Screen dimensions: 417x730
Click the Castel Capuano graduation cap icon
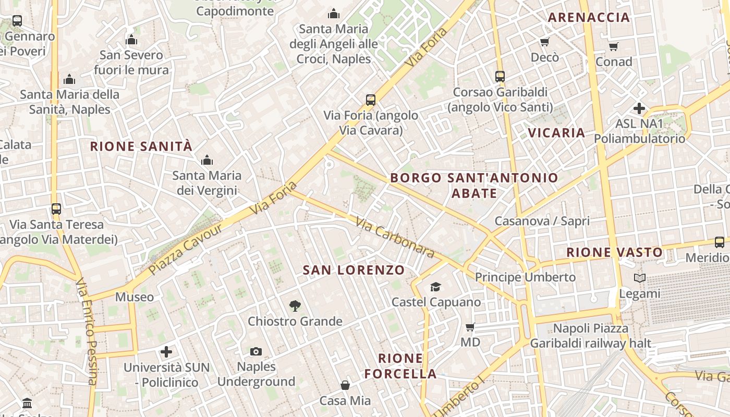(x=435, y=287)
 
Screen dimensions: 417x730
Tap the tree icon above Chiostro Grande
(x=295, y=306)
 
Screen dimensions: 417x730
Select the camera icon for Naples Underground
(x=256, y=352)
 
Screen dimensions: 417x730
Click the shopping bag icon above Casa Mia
(x=345, y=385)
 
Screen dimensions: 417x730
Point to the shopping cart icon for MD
(x=470, y=327)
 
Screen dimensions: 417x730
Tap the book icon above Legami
(x=639, y=278)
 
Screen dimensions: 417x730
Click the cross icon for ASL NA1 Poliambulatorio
(x=639, y=108)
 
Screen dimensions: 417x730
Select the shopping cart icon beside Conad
(x=614, y=47)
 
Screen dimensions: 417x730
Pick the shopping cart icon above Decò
(x=545, y=42)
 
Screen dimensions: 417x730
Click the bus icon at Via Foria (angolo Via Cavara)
(x=371, y=100)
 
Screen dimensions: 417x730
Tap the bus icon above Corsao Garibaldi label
(x=500, y=77)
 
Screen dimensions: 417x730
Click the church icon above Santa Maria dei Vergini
(x=207, y=160)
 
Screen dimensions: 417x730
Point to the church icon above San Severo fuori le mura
(x=131, y=40)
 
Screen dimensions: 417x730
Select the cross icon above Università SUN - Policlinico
(x=166, y=352)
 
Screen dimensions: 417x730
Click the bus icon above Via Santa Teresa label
(x=56, y=209)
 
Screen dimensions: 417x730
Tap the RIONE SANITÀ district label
(x=141, y=146)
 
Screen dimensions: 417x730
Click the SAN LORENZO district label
(x=354, y=270)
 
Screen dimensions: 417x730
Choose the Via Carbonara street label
(x=395, y=238)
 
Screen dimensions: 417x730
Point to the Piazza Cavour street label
(x=186, y=249)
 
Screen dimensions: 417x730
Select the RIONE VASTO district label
(x=614, y=252)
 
